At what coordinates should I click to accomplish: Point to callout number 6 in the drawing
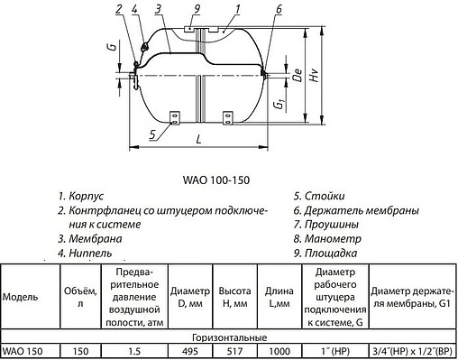[279, 8]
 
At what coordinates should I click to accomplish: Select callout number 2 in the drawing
[119, 10]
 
